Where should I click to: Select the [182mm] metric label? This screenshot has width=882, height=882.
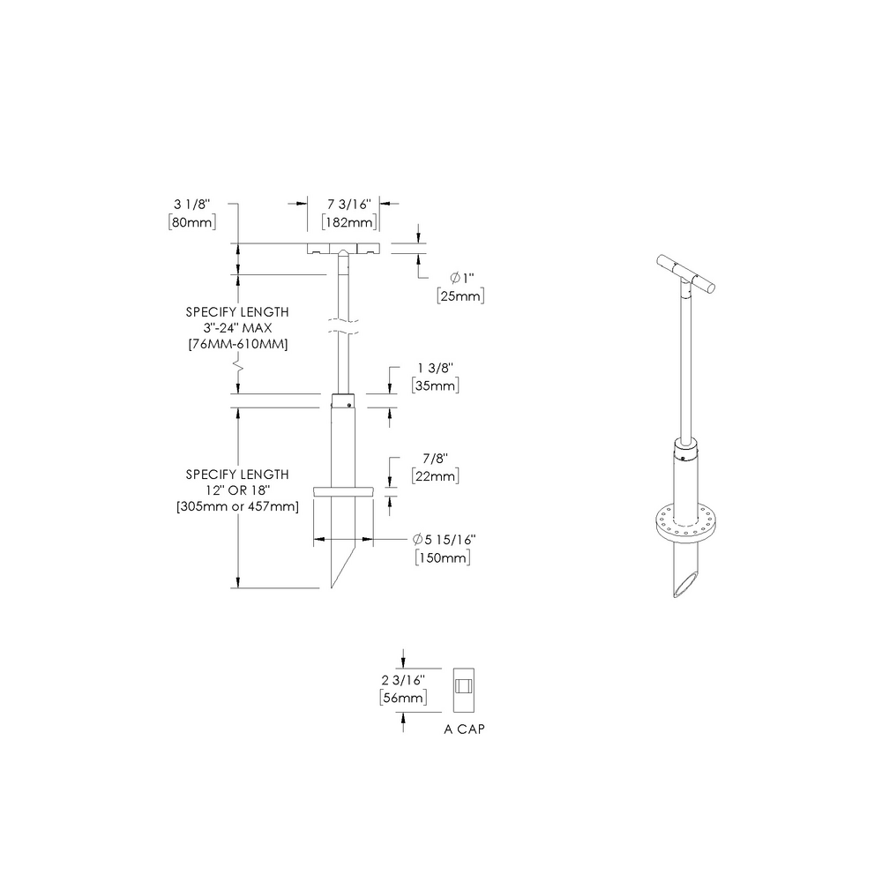tap(349, 221)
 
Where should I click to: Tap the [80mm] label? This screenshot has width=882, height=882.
tap(191, 221)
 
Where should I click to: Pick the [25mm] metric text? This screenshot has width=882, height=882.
tap(460, 296)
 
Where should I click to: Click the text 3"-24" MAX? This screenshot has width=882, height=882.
tap(237, 327)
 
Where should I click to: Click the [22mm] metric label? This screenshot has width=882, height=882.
tap(434, 475)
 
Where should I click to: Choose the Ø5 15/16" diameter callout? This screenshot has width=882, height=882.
tap(449, 540)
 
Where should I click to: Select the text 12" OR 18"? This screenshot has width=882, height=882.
tap(237, 490)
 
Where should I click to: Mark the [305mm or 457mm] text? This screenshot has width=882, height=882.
tap(237, 506)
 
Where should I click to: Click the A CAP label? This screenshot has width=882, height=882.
tap(465, 730)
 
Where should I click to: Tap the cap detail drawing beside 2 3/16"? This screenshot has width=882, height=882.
tap(463, 689)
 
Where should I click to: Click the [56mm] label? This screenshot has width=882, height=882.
tap(403, 698)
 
